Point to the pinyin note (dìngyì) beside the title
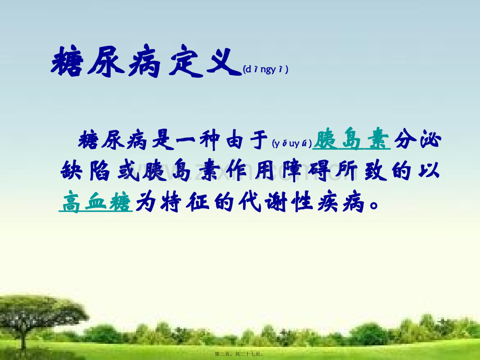pos(266,69)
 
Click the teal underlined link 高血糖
pos(96,201)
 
